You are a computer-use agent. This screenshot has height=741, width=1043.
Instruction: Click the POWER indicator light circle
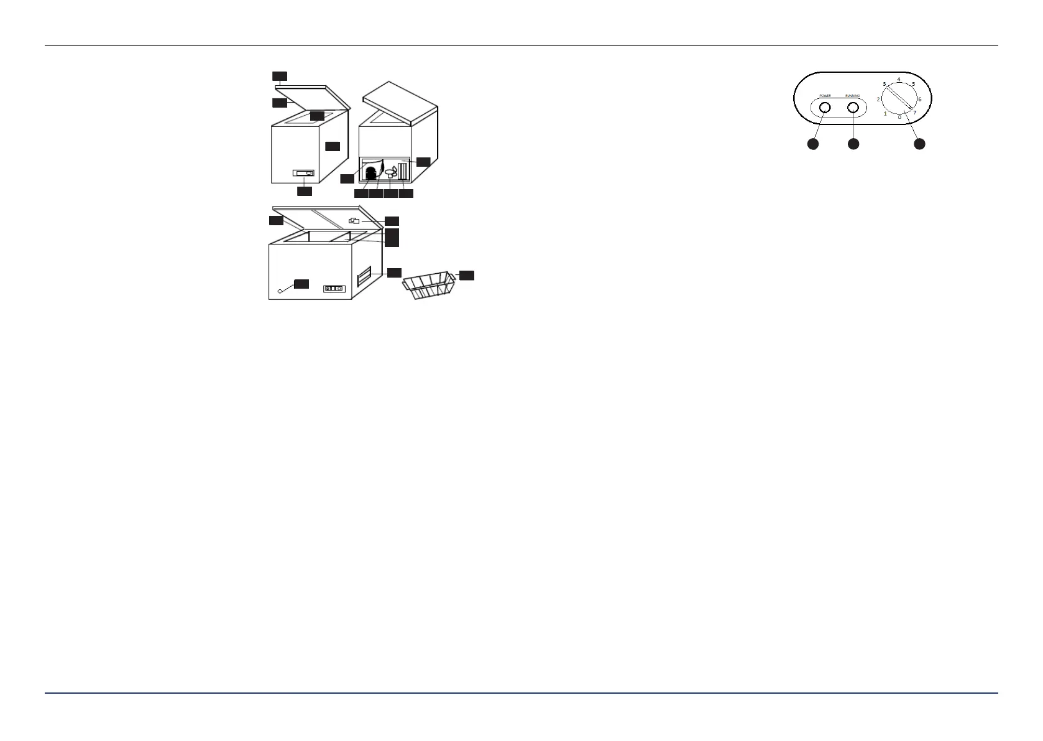point(824,108)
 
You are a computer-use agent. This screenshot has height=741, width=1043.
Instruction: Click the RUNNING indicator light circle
point(853,108)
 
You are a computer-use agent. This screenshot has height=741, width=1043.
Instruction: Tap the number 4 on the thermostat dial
point(899,80)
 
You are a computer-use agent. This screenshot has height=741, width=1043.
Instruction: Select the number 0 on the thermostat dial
point(899,117)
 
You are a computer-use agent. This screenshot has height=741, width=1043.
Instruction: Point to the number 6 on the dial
point(919,100)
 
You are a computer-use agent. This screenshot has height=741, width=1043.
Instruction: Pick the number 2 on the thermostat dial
point(879,100)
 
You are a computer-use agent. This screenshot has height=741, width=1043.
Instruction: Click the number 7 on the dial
point(914,113)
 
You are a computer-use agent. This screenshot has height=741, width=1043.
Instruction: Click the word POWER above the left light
point(824,96)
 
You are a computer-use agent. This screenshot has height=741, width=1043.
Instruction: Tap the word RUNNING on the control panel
point(853,96)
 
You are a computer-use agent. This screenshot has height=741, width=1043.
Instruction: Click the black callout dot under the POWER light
point(812,144)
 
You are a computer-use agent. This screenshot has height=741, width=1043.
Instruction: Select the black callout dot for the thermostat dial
point(919,144)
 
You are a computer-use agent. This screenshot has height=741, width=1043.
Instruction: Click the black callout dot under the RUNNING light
point(853,144)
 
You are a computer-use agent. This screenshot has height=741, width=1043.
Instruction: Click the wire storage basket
point(430,286)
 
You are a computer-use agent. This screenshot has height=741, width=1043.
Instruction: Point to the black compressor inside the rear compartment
point(371,173)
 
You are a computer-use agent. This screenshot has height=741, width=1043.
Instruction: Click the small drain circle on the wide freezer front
point(280,290)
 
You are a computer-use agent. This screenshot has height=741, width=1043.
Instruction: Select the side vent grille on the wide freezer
point(365,276)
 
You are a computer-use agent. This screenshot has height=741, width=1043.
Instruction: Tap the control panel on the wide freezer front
point(334,289)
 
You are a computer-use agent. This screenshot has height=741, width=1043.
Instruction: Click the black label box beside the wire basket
point(466,275)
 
